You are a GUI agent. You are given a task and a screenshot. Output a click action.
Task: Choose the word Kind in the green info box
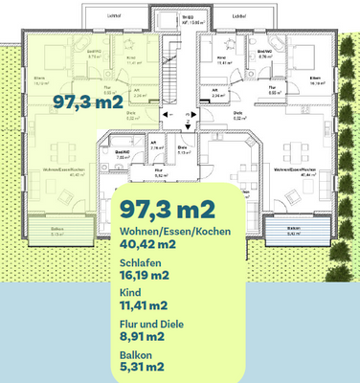pyautogui.click(x=129, y=294)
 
